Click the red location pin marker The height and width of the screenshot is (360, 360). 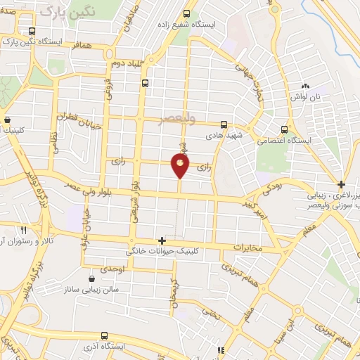coord(180,165)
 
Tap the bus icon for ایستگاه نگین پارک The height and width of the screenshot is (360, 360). coord(32,32)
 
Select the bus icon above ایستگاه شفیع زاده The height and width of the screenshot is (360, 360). coord(186,13)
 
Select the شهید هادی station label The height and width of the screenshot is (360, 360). coord(224,134)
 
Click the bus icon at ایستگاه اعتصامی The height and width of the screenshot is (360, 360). coord(284,129)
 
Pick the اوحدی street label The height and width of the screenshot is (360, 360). coord(112,270)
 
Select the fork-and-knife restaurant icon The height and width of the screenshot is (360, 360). coord(23,230)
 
